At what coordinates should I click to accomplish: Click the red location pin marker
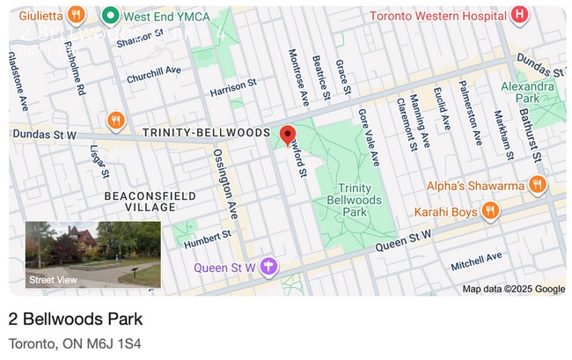pos(287,135)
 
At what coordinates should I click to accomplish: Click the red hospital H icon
pos(520,14)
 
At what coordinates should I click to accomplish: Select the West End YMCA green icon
pos(111,15)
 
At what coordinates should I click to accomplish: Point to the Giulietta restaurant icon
pos(77,15)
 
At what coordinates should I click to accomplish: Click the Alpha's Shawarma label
pos(475,185)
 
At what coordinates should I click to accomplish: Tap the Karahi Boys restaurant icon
pos(491,211)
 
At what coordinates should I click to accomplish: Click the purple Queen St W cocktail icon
pos(269,267)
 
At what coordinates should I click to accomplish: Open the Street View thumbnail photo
pos(93,254)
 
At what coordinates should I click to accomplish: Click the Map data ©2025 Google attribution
pos(514,289)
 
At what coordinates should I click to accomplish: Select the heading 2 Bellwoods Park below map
pos(75,319)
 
